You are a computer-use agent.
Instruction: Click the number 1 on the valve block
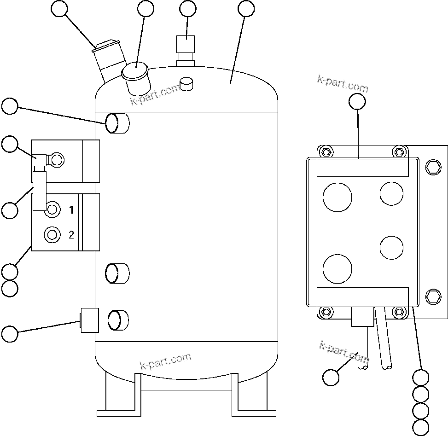71,210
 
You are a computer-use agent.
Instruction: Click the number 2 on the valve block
71,235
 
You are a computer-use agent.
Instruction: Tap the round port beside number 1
52,210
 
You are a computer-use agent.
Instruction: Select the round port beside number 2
52,235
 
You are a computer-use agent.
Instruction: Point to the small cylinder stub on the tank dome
187,83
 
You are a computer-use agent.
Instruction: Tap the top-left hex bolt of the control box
326,152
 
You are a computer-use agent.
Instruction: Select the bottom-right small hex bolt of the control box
399,312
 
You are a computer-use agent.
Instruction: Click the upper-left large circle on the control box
337,198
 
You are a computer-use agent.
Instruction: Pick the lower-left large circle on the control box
337,269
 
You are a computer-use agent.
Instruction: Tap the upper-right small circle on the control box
391,193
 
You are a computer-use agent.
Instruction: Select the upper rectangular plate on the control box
362,168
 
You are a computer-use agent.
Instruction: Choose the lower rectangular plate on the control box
362,296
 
